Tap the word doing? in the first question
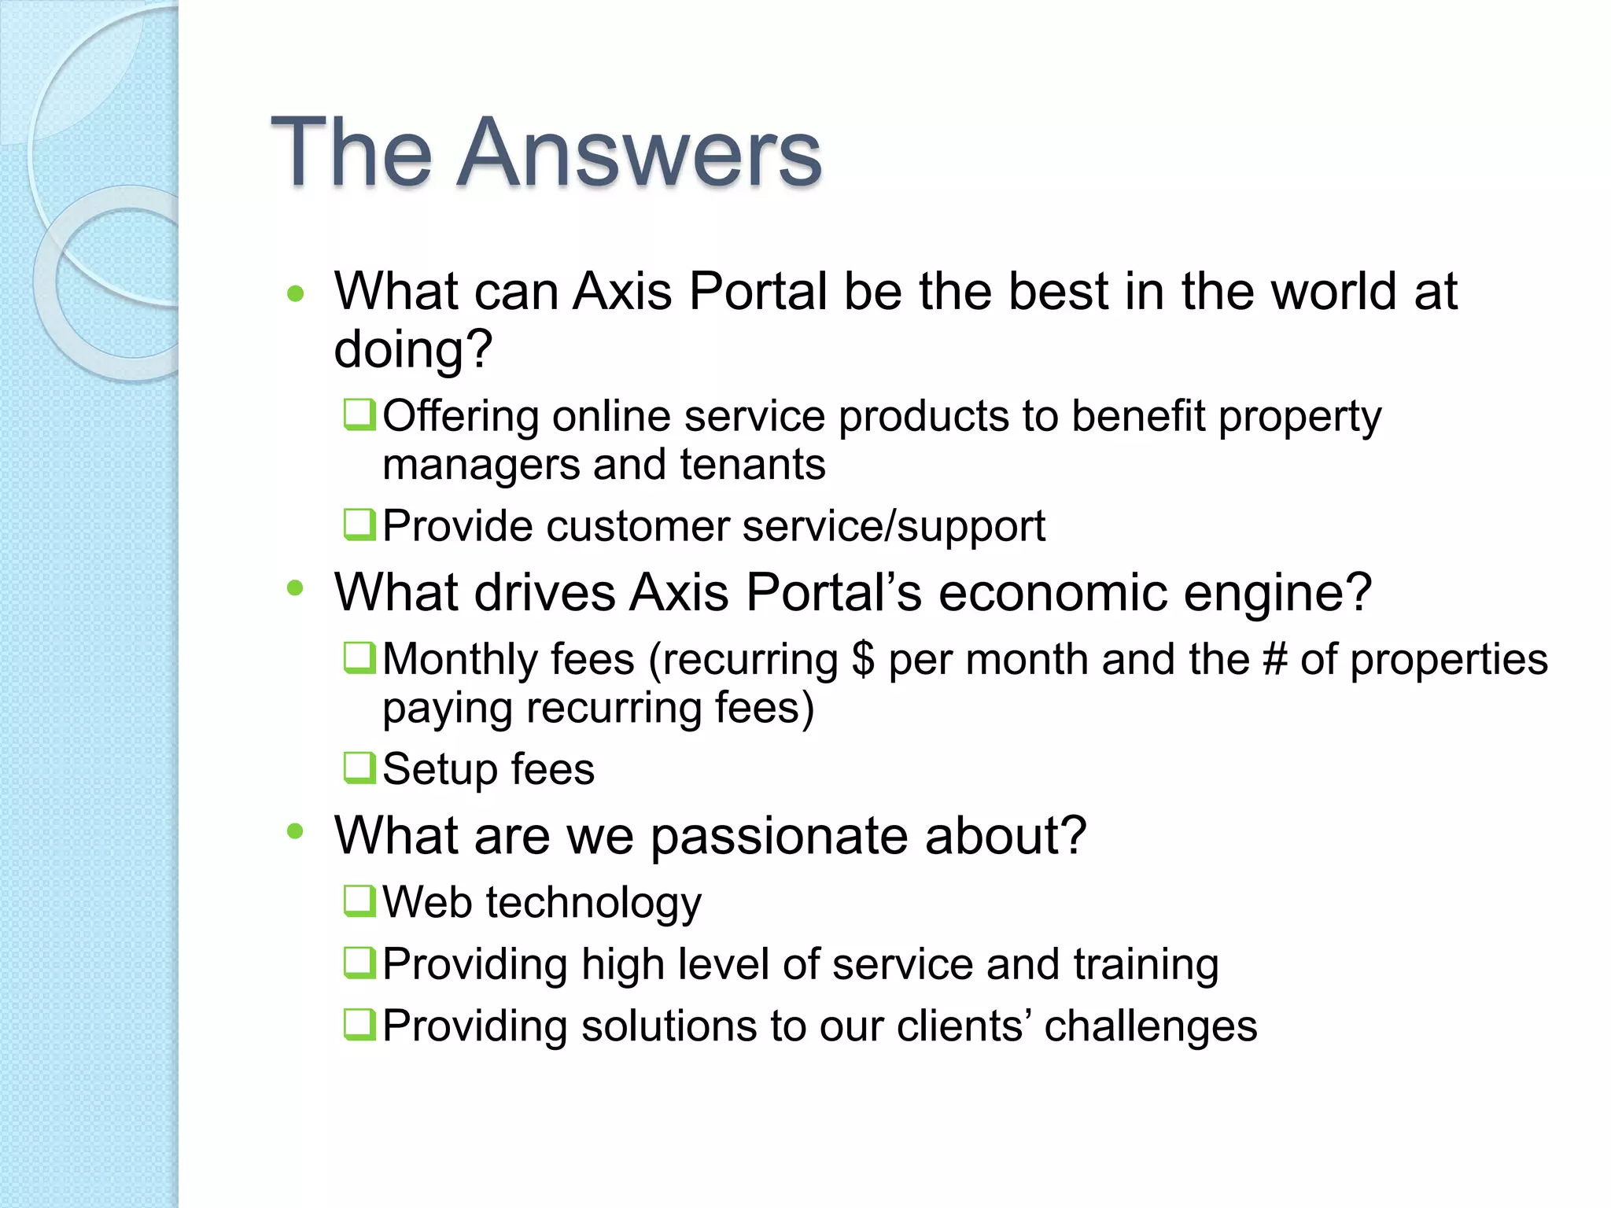(413, 350)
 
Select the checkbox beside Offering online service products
(359, 414)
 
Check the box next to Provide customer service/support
(359, 525)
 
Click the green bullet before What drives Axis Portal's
(296, 588)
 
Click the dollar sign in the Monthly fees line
(862, 659)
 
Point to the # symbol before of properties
(1274, 659)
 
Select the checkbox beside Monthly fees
(359, 657)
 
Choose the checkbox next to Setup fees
(359, 768)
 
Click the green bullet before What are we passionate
(296, 831)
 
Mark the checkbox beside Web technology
(359, 900)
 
